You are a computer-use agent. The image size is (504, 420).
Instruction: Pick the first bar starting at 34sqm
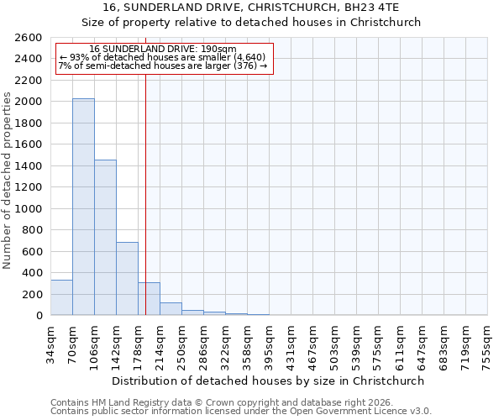(x=61, y=298)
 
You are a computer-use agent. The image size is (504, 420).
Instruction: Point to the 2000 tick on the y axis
(x=29, y=102)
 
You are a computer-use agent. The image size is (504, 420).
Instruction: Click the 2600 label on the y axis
(x=29, y=38)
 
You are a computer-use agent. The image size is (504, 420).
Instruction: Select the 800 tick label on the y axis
(x=32, y=230)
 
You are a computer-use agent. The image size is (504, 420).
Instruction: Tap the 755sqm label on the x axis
(x=488, y=342)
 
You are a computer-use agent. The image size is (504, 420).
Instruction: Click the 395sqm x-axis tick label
(x=270, y=342)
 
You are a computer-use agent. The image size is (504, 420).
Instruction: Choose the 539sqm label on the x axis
(x=357, y=342)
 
